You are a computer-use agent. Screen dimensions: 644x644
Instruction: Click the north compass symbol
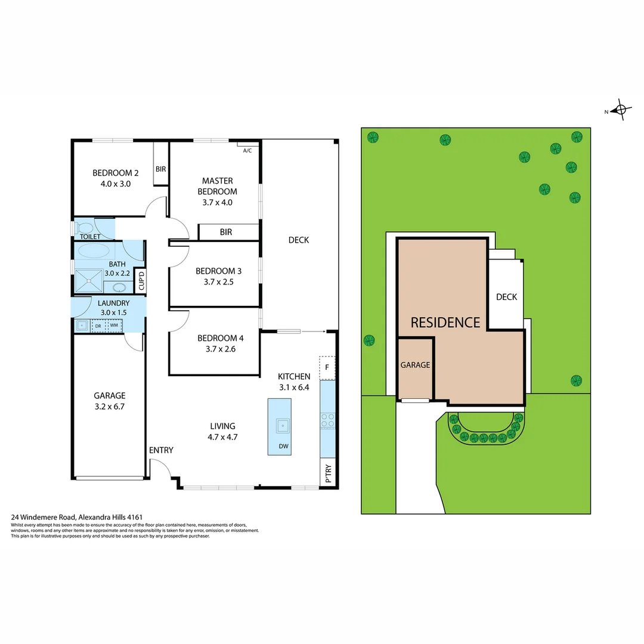pyautogui.click(x=620, y=110)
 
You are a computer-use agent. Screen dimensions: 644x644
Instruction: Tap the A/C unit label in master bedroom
pyautogui.click(x=247, y=150)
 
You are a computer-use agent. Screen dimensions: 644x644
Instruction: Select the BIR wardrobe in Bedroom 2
pyautogui.click(x=160, y=169)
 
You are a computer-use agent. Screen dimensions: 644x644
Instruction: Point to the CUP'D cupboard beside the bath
pyautogui.click(x=141, y=280)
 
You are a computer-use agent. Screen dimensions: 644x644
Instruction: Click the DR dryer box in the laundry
pyautogui.click(x=98, y=326)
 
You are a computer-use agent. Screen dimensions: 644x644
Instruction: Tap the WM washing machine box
pyautogui.click(x=113, y=326)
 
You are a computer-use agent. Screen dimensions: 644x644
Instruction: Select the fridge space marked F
pyautogui.click(x=327, y=368)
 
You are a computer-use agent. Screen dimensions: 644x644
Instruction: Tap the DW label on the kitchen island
pyautogui.click(x=283, y=446)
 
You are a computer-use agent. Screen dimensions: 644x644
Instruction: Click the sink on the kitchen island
pyautogui.click(x=283, y=426)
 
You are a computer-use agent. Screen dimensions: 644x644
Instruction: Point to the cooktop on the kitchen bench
pyautogui.click(x=327, y=420)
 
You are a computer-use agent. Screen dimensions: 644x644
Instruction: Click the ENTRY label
pyautogui.click(x=161, y=450)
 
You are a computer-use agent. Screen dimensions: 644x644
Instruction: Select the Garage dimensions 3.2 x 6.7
pyautogui.click(x=110, y=407)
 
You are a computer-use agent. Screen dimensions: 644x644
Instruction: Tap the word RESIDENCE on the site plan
pyautogui.click(x=445, y=323)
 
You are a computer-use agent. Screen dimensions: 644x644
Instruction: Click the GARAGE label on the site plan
pyautogui.click(x=415, y=365)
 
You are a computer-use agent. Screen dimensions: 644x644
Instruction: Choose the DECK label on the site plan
pyautogui.click(x=506, y=297)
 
